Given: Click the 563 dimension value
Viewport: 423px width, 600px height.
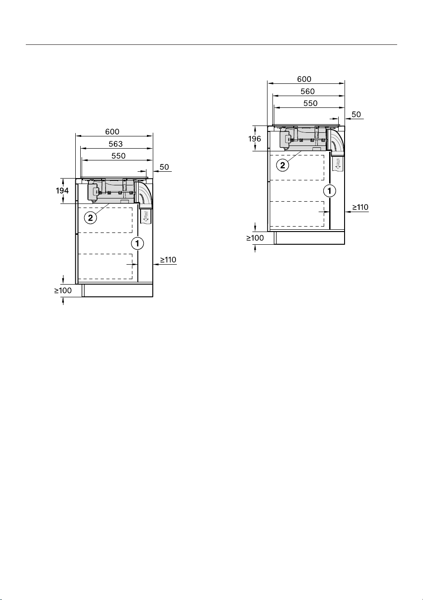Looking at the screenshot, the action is pos(116,144).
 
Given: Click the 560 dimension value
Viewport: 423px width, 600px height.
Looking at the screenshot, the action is pos(307,92).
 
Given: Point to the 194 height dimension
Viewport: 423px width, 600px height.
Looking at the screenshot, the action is pos(62,191).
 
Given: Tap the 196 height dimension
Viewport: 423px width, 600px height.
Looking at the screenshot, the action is pos(254,139).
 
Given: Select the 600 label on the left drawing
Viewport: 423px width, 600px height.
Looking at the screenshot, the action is pos(112,132).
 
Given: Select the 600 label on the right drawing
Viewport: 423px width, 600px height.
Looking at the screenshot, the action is pos(304,79).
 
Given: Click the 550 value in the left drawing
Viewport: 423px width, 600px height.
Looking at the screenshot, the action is pos(118,156).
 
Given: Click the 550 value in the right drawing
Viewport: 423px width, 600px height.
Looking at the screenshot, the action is pos(311,103).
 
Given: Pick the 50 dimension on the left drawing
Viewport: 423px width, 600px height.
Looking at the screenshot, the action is pos(164,167).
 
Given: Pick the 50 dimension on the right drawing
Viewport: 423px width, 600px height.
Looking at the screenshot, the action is pos(356,115).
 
